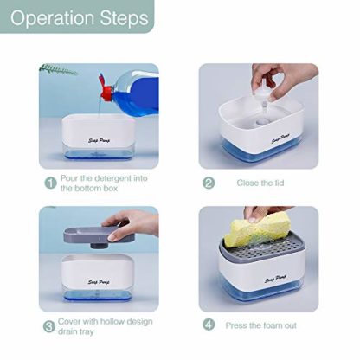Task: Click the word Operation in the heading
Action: pos(52,18)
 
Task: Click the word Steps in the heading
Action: pos(125,18)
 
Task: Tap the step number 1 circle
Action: pos(50,183)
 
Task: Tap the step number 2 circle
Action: pos(209,183)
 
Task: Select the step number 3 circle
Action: pos(49,326)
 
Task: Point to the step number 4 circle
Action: pos(209,325)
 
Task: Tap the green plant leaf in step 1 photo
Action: pos(58,69)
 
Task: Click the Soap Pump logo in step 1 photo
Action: pos(99,140)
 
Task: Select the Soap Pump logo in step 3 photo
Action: pos(99,281)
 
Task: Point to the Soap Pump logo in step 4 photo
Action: pos(275,279)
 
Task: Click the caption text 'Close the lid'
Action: pos(260,183)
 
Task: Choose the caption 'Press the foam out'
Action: pos(260,325)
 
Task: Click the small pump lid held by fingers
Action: pos(264,93)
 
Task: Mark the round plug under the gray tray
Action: pos(98,246)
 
